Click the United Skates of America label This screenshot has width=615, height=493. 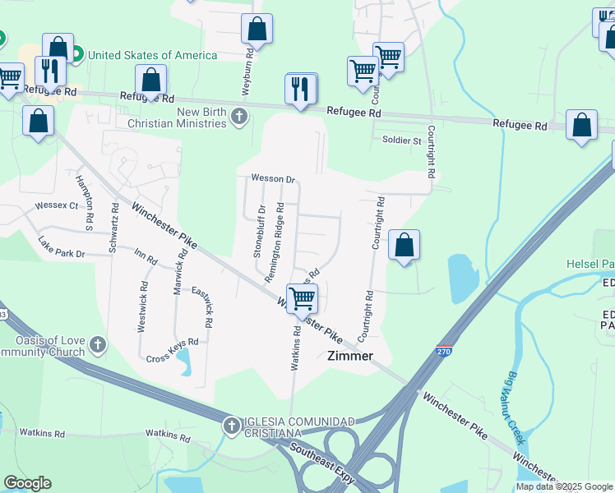(152, 55)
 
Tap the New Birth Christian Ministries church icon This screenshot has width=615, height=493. (239, 116)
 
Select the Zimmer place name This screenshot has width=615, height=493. (350, 356)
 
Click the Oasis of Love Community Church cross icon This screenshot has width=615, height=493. (98, 344)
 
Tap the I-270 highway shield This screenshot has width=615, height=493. (444, 349)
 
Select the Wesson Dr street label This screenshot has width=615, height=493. (273, 178)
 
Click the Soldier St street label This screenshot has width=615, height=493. (401, 141)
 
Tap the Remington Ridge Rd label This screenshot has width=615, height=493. (274, 242)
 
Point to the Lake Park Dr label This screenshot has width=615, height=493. (62, 247)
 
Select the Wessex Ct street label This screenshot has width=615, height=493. (56, 205)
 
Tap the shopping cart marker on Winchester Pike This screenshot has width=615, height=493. (302, 297)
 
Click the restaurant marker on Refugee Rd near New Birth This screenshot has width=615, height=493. (301, 88)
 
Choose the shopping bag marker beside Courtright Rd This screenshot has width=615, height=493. (404, 245)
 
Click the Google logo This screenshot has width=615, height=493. (27, 483)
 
